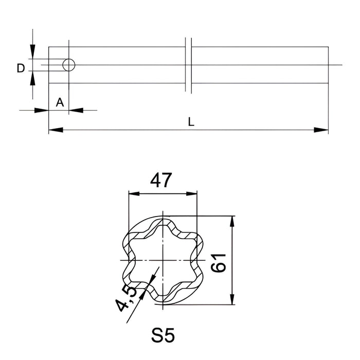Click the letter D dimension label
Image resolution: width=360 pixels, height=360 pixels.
21,68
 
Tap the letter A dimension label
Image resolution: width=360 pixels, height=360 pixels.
60,102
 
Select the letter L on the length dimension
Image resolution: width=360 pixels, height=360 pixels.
191,122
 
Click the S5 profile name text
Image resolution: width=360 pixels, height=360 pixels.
164,336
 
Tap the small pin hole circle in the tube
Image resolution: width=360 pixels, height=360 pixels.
68,65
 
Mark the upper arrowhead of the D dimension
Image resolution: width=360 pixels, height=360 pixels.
32,52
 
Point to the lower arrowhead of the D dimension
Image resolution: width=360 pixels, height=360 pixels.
32,78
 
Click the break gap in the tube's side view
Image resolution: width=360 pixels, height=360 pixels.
188,65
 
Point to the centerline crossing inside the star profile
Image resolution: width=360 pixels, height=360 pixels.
163,260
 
